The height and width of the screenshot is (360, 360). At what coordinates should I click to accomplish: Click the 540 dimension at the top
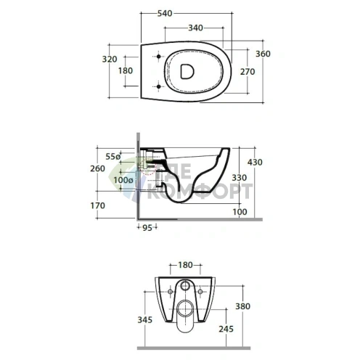tap(165, 13)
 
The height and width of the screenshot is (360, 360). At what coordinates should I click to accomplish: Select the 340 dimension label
tap(195, 28)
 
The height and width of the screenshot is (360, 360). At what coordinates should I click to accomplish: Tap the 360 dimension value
tap(263, 54)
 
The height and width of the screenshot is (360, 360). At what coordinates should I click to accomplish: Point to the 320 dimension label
tap(110, 59)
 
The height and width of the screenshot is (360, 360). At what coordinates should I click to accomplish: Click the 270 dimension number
tap(247, 72)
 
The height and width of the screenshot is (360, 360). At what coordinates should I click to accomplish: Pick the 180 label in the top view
tap(126, 70)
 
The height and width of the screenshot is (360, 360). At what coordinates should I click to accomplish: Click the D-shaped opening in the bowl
tap(187, 71)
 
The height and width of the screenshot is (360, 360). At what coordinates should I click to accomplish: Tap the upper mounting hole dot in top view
tap(159, 57)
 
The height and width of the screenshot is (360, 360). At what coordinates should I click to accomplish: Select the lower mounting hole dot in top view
tap(159, 86)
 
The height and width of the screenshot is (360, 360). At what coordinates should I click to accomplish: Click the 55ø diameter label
tap(113, 157)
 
